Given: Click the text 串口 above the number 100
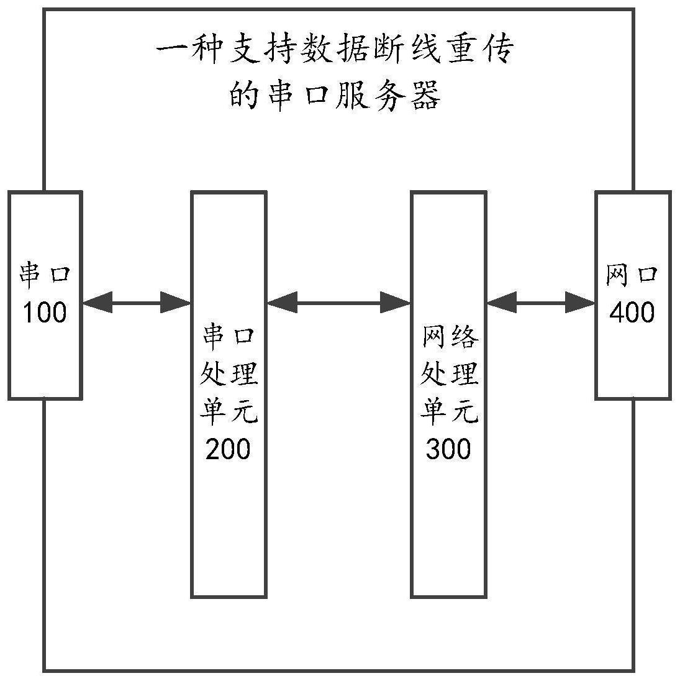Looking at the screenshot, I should pyautogui.click(x=45, y=275).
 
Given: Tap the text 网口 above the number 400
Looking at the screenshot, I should pyautogui.click(x=632, y=275).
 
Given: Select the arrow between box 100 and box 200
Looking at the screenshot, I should pyautogui.click(x=136, y=303).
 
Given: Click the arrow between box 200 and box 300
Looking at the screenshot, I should pyautogui.click(x=338, y=303).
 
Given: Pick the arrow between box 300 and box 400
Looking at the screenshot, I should pyautogui.click(x=541, y=303).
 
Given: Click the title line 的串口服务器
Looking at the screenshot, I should pyautogui.click(x=335, y=97).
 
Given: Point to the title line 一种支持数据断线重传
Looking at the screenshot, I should pyautogui.click(x=335, y=52).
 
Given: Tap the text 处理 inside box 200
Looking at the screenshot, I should pyautogui.click(x=228, y=374).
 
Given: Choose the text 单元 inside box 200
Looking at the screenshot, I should pyautogui.click(x=228, y=411).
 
